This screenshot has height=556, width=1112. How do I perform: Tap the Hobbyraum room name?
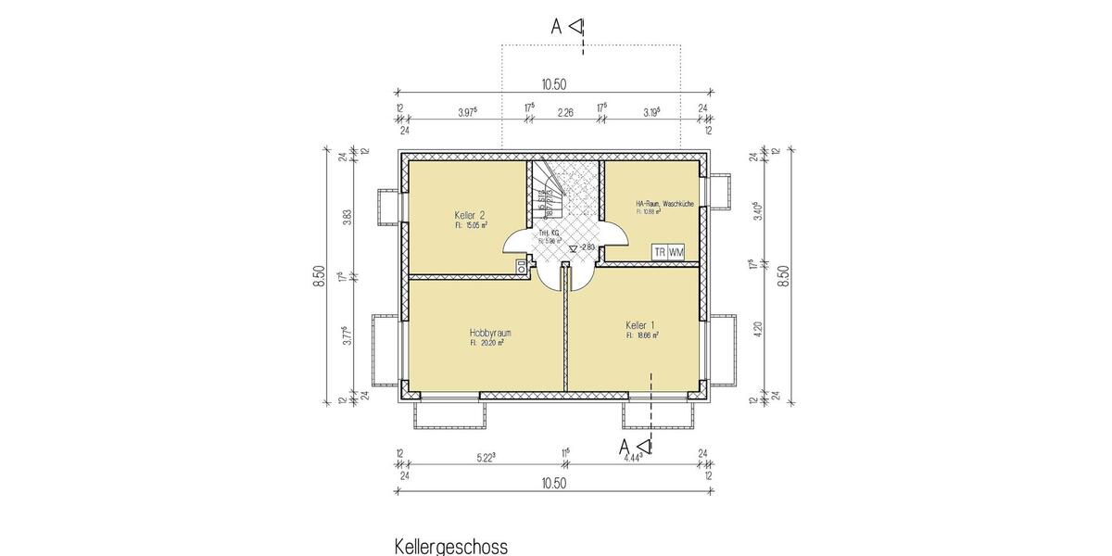[x=490, y=332]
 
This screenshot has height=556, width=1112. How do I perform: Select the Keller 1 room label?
[x=640, y=325]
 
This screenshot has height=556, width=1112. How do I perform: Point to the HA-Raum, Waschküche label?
[x=664, y=203]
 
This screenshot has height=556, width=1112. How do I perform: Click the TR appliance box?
[x=659, y=252]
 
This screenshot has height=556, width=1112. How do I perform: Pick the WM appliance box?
[x=676, y=252]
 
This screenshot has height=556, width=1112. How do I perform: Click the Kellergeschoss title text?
[x=451, y=546]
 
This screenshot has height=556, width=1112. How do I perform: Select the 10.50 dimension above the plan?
[x=553, y=84]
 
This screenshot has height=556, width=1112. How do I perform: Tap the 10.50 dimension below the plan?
[x=553, y=483]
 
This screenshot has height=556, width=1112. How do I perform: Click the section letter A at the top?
[x=557, y=26]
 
